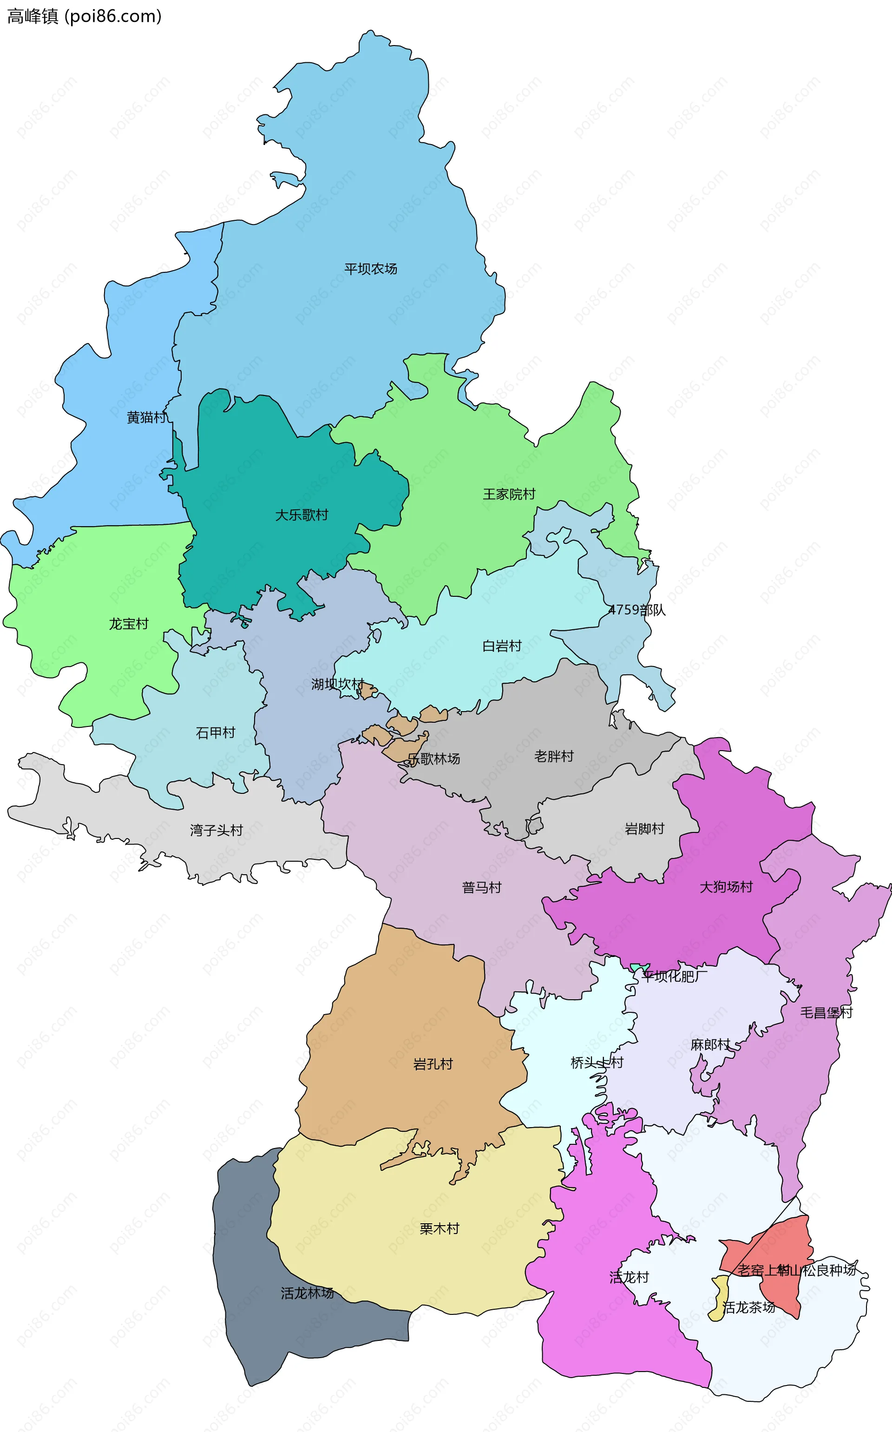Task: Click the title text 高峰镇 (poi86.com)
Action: pos(84,16)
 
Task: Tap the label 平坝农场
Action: pos(370,269)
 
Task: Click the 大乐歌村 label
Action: pos(302,515)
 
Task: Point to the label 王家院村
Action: pos(509,494)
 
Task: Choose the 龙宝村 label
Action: pos(129,624)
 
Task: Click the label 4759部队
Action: pos(636,610)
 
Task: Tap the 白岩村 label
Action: pos(502,646)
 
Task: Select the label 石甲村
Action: pos(215,733)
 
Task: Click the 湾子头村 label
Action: pos(216,831)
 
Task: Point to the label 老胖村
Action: pos(554,756)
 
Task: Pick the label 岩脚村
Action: pos(644,829)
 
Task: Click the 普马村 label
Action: pos(481,887)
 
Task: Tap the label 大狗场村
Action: pos(726,887)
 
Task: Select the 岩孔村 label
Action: pos(433,1064)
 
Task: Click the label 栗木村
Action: pos(439,1228)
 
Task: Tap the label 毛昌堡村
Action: pos(826,1012)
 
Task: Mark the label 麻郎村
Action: pos(710,1045)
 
